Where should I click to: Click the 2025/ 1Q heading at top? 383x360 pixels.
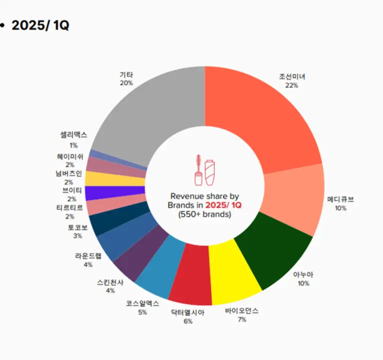(40, 25)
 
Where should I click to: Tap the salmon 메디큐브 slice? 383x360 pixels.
(294, 199)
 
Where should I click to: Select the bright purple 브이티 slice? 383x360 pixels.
(115, 193)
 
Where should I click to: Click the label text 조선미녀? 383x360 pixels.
(292, 77)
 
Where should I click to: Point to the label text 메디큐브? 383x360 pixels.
(340, 199)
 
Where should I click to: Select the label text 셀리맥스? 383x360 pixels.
(73, 135)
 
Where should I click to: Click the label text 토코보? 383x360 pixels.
(77, 227)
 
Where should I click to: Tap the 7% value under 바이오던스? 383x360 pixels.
(242, 320)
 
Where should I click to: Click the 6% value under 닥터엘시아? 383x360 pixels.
(188, 322)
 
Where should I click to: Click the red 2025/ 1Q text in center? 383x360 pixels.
(223, 205)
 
